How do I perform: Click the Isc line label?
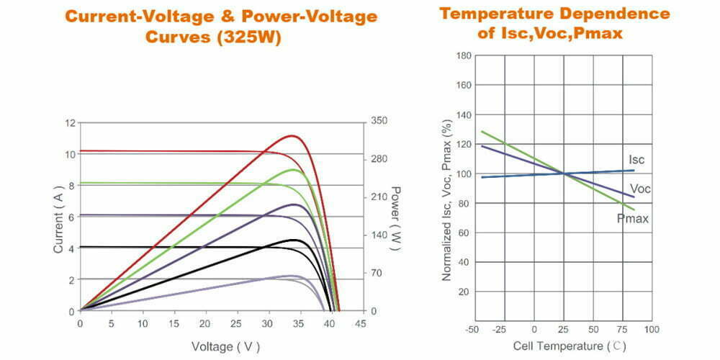636,159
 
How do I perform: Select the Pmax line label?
634,217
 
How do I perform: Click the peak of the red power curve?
292,135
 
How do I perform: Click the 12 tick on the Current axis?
70,123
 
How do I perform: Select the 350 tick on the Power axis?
379,122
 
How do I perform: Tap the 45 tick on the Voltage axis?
360,324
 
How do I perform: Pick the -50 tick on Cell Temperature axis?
473,329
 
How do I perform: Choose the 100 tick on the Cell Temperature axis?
652,329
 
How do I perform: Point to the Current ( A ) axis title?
58,217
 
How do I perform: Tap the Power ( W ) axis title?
395,217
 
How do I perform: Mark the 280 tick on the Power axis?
379,159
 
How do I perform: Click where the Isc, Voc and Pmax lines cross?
564,174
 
